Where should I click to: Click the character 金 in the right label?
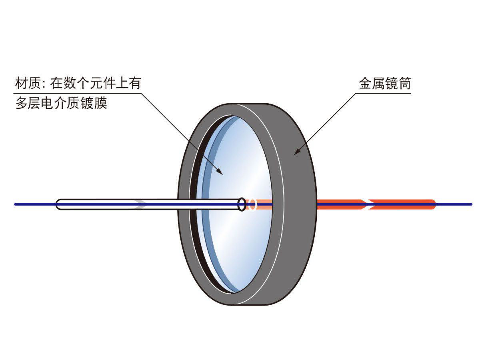tap(366, 83)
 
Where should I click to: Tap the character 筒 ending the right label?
tap(404, 83)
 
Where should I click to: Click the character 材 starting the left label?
tap(22, 83)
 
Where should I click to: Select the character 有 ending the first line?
tap(134, 83)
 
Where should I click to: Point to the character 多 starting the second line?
tap(22, 103)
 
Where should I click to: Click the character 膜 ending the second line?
tap(100, 103)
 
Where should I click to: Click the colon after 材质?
tap(44, 84)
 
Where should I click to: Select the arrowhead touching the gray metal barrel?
tap(298, 151)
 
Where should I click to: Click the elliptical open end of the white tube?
tap(242, 204)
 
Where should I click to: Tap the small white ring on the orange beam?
tap(252, 204)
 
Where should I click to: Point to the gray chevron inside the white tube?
tap(141, 204)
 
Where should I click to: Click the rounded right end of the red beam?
tap(433, 204)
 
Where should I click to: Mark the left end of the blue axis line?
tap(15, 204)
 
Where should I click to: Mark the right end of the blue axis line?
tap(471, 204)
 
